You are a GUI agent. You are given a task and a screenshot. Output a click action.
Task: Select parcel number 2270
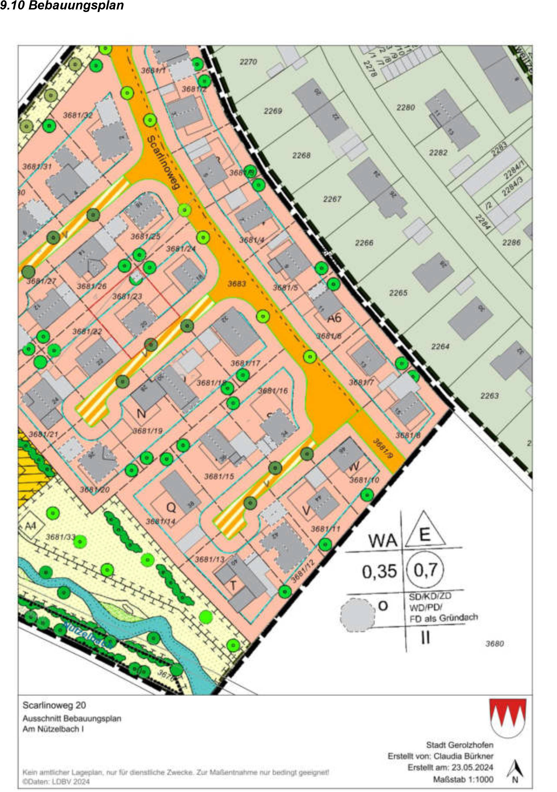(248, 62)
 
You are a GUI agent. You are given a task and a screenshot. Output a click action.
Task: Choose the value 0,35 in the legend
(379, 572)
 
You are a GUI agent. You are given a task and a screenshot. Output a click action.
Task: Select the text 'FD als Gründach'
(444, 618)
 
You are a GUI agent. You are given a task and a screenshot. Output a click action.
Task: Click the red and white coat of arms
(508, 717)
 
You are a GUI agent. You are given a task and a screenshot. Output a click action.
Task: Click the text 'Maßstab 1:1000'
(463, 779)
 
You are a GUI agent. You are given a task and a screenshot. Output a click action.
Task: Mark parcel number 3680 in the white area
(495, 644)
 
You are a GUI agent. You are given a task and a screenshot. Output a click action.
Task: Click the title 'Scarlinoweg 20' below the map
(54, 705)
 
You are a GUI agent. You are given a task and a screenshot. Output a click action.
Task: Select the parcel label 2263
(489, 396)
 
